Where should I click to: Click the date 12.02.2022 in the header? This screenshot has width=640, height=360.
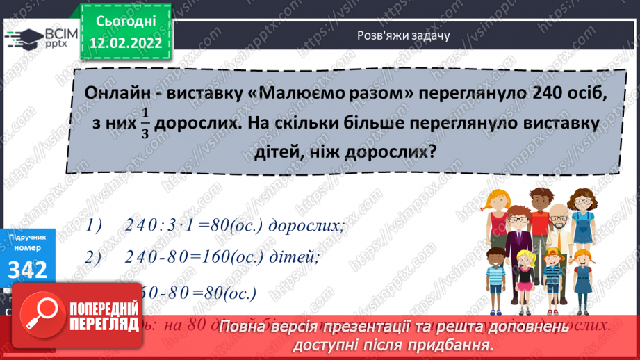pyautogui.click(x=126, y=42)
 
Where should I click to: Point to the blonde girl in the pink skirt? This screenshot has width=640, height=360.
pyautogui.click(x=588, y=275)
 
